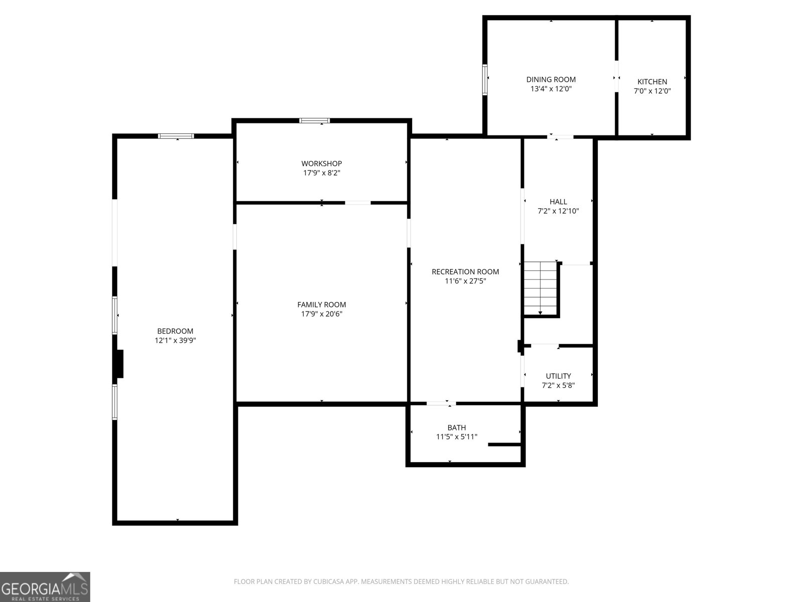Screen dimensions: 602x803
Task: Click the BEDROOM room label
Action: pyautogui.click(x=175, y=331)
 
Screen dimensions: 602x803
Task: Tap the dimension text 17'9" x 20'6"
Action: pyautogui.click(x=321, y=314)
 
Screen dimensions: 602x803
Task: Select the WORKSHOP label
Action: pyautogui.click(x=321, y=164)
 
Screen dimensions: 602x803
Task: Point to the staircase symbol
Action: pyautogui.click(x=540, y=287)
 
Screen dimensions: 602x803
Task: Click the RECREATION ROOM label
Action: pyautogui.click(x=465, y=272)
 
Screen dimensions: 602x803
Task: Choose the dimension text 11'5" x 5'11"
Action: pyautogui.click(x=456, y=437)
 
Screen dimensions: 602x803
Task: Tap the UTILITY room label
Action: pyautogui.click(x=558, y=376)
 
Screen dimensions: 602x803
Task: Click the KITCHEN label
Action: pyautogui.click(x=652, y=82)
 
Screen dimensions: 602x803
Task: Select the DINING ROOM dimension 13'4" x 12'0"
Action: pyautogui.click(x=551, y=89)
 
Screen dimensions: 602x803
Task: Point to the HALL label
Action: pyautogui.click(x=558, y=202)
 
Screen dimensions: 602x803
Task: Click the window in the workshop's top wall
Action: pyautogui.click(x=315, y=120)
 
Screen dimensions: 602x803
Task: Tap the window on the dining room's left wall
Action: pyautogui.click(x=485, y=79)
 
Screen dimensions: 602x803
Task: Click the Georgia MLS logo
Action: pyautogui.click(x=45, y=586)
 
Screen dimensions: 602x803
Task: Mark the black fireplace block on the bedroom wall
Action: pyautogui.click(x=119, y=364)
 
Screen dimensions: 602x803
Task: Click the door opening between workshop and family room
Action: pyautogui.click(x=358, y=203)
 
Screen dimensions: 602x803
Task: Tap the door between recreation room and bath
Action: pyautogui.click(x=441, y=403)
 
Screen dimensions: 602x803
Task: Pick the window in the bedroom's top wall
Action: pyautogui.click(x=176, y=135)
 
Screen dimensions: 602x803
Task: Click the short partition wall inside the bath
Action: pyautogui.click(x=504, y=444)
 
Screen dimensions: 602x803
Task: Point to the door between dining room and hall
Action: pyautogui.click(x=560, y=136)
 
